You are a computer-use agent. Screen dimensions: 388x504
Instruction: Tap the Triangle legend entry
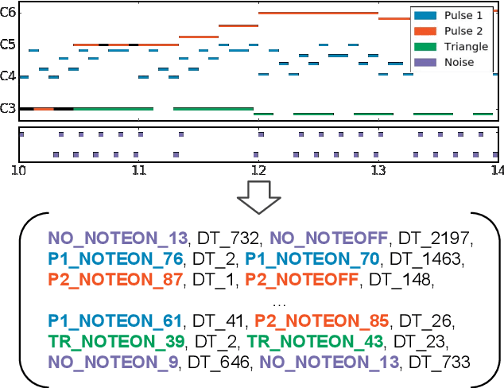[450, 47]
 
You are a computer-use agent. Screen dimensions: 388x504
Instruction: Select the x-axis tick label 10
[19, 169]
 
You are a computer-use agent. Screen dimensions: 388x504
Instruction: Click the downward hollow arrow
[258, 196]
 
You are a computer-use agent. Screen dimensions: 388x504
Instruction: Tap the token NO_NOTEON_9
[110, 362]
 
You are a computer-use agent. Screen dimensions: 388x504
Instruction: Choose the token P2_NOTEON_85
[322, 320]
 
